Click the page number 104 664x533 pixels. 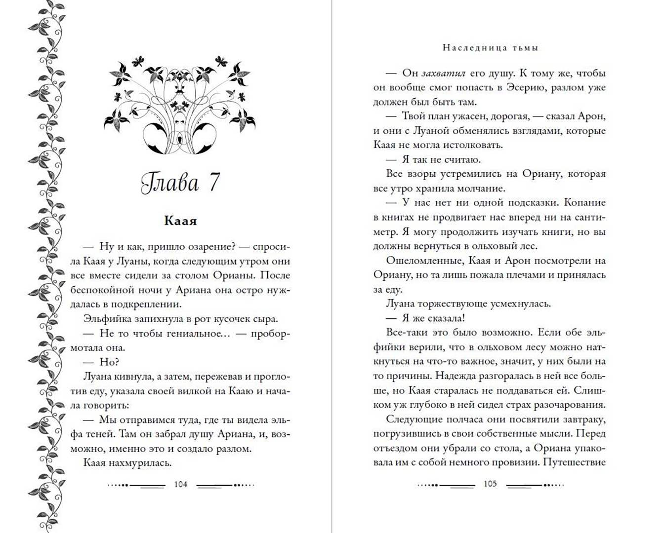pos(181,484)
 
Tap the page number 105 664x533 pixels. pos(490,484)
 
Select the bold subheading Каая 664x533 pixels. pos(180,221)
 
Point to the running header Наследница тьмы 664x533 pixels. pos(490,48)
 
